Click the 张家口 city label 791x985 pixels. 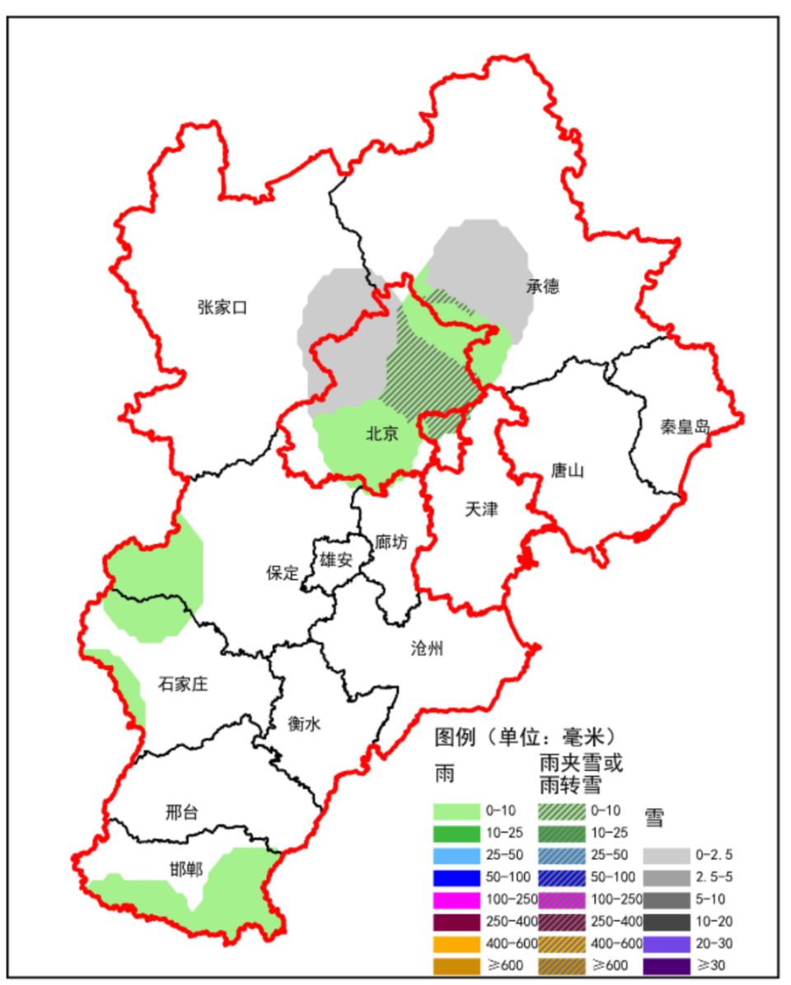pos(222,307)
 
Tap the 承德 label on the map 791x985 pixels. pos(543,287)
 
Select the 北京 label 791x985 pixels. pos(381,433)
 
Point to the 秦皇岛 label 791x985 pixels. pos(685,427)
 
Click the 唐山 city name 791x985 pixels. pos(567,471)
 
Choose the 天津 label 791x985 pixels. pos(481,509)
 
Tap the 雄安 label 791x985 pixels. pos(336,561)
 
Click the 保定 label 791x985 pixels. pos(282,573)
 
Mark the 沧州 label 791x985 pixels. pos(427,648)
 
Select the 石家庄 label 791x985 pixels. pos(182,684)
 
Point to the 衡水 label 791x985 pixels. pos(304,724)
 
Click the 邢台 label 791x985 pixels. pos(181,812)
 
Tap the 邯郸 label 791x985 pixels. pos(186,870)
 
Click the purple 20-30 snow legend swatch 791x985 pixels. pos(664,944)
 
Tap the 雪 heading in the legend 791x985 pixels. pos(654,817)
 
